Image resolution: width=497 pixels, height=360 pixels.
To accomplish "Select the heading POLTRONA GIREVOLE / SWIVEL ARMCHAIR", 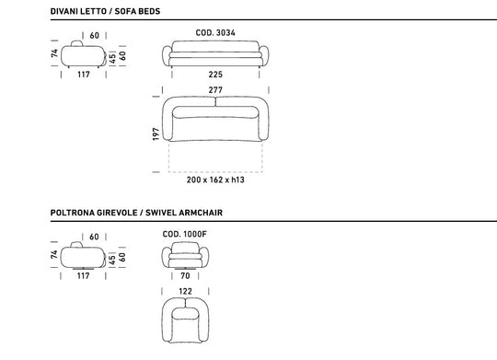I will point(136,212).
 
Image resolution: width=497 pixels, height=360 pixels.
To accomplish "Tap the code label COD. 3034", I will point(215,32).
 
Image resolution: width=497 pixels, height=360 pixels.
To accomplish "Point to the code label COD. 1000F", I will point(185,234).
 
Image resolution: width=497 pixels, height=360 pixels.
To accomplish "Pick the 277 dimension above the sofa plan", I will point(215,89).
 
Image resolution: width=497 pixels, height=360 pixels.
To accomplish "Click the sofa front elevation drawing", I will point(215,55).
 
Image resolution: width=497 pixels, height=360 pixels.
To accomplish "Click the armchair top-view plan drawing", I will point(187,317).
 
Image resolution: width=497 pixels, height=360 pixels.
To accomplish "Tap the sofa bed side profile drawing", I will point(83,55).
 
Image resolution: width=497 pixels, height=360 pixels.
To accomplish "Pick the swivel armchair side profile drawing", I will point(83,257).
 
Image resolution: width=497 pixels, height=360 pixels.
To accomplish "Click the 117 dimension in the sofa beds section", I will point(83,75).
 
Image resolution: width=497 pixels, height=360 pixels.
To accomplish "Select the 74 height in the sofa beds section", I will point(53,54).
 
